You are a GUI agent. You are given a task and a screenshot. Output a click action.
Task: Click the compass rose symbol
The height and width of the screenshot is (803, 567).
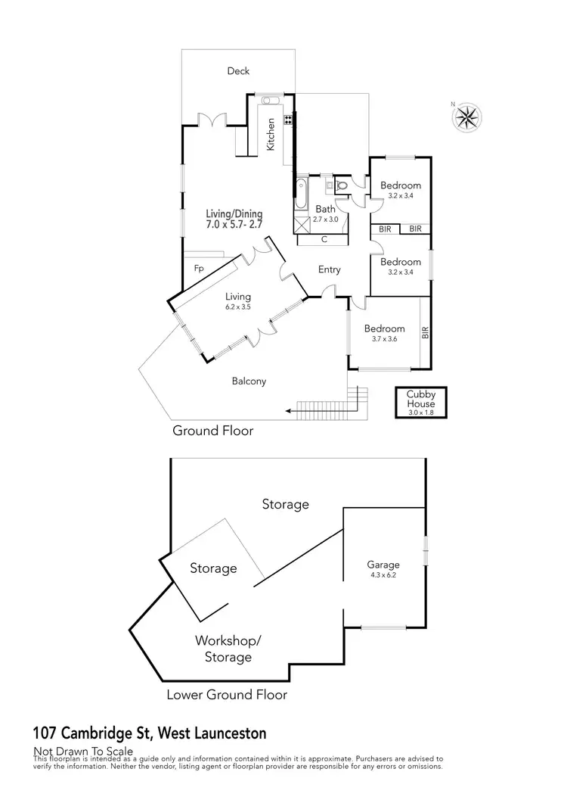(468, 117)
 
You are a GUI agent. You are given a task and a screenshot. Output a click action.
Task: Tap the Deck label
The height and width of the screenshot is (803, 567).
(238, 71)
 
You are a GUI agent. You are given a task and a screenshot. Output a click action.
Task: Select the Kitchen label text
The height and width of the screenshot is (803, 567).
(270, 137)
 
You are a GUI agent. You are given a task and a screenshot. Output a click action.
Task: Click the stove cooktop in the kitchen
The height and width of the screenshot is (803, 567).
(288, 120)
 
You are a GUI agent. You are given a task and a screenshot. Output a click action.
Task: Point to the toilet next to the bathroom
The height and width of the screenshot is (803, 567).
(341, 184)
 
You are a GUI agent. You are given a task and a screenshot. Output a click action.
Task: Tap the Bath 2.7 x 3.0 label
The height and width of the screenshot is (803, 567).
(326, 213)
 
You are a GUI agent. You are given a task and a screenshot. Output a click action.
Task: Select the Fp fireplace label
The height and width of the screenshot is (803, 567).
(199, 269)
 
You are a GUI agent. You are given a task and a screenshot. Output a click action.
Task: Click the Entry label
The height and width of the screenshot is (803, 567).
(330, 269)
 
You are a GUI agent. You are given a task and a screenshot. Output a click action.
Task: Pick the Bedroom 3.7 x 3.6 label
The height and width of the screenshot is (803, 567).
(384, 334)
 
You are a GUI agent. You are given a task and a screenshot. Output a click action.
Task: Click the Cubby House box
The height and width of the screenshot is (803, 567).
(421, 403)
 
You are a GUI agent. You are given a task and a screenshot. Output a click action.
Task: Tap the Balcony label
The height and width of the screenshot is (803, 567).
(249, 381)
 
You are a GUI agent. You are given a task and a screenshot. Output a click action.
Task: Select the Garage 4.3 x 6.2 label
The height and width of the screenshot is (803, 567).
(383, 569)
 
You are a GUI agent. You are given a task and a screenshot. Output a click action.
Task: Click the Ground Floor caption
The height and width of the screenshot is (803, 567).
(212, 431)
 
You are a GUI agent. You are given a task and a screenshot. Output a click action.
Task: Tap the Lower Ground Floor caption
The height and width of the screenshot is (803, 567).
(228, 694)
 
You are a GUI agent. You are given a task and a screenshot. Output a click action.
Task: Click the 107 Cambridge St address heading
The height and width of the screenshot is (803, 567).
(150, 733)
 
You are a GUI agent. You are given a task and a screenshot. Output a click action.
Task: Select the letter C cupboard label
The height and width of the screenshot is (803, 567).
(324, 240)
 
